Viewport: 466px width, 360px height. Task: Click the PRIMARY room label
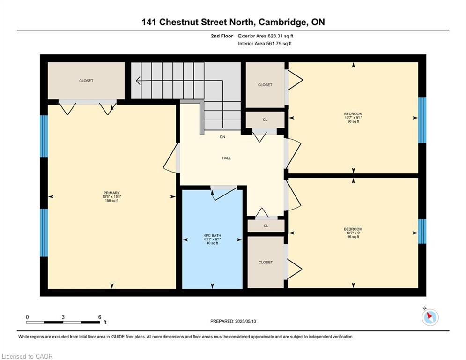tap(112, 193)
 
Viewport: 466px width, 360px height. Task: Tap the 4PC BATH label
tap(212, 235)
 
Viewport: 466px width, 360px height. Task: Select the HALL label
tap(227, 158)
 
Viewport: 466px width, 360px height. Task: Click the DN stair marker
tap(222, 137)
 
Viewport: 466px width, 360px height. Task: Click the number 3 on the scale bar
tap(63, 317)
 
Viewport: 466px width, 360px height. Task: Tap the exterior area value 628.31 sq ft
tap(281, 36)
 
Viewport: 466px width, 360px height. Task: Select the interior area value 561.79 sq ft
tap(279, 44)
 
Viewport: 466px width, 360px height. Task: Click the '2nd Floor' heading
tap(222, 36)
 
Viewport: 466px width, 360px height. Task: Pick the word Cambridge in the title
tap(282, 22)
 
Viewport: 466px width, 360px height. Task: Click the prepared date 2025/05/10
tap(245, 321)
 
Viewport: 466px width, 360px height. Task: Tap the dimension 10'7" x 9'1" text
tap(353, 118)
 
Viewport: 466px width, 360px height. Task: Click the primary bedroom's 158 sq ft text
tap(112, 201)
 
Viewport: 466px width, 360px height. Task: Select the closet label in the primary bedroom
tap(86, 81)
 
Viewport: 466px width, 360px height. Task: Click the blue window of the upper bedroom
tap(422, 120)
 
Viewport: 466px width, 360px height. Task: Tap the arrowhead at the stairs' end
tap(138, 80)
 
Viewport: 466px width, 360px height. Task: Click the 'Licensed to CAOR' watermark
tap(27, 356)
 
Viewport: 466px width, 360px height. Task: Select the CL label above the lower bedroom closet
tap(266, 226)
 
